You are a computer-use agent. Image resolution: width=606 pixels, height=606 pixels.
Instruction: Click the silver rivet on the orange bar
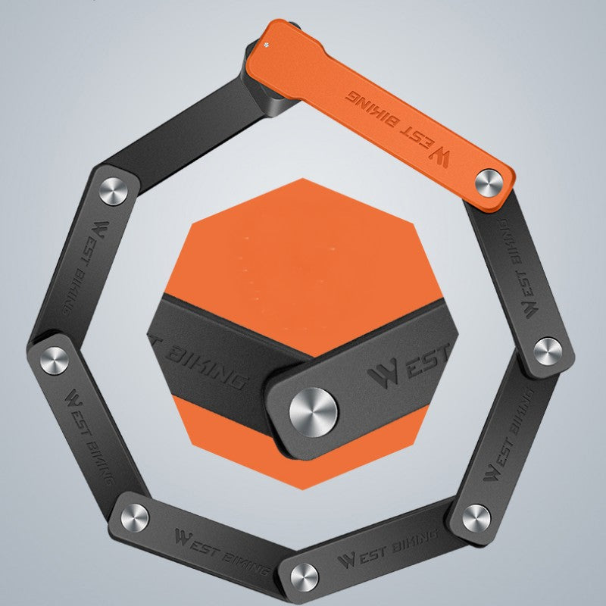489,183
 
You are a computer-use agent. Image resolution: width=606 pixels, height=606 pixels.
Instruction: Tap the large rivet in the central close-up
313,412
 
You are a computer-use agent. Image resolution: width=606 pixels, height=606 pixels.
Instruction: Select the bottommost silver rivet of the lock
305,577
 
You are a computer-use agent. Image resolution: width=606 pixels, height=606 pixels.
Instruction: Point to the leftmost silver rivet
55,361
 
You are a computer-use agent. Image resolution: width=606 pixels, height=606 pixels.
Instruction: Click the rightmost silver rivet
548,351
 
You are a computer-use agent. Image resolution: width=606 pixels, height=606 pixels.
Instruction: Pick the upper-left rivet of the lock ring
113,192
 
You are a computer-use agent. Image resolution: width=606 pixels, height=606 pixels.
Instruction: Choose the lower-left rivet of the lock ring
135,518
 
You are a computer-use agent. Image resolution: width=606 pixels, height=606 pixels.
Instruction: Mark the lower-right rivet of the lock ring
476,518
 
